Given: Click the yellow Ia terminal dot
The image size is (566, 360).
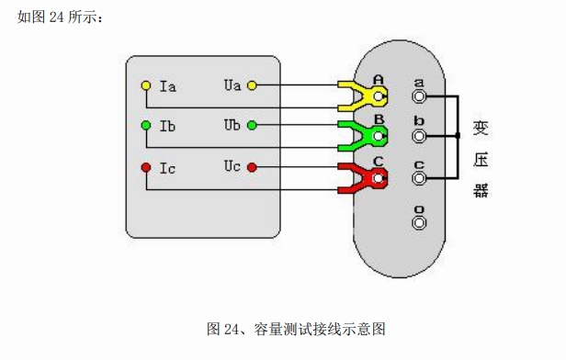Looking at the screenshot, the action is [x=146, y=85].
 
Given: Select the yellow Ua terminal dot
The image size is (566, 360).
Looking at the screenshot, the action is [x=252, y=85].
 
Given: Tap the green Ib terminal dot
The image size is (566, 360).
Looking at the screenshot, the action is [x=146, y=125].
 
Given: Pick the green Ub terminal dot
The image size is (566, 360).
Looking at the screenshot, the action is [x=252, y=125].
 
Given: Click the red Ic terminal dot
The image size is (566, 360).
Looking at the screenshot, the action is [x=146, y=167].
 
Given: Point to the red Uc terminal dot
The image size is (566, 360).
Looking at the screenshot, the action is [x=252, y=167].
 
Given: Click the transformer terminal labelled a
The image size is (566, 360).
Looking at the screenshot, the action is [x=419, y=96].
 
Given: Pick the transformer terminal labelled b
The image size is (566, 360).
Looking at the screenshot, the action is [x=419, y=136].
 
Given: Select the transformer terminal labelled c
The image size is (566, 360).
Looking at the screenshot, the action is [x=419, y=178].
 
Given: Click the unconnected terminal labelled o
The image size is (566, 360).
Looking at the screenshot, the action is [x=419, y=222].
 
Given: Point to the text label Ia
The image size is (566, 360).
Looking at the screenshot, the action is [x=168, y=86].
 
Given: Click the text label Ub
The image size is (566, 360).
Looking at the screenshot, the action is [x=232, y=125].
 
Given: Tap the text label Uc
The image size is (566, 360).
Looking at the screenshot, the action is [x=232, y=166].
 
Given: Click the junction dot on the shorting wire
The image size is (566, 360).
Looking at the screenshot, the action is [x=458, y=136].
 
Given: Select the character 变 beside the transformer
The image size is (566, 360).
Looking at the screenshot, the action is [x=481, y=128].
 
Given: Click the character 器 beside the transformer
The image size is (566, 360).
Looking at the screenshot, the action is [x=481, y=190].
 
